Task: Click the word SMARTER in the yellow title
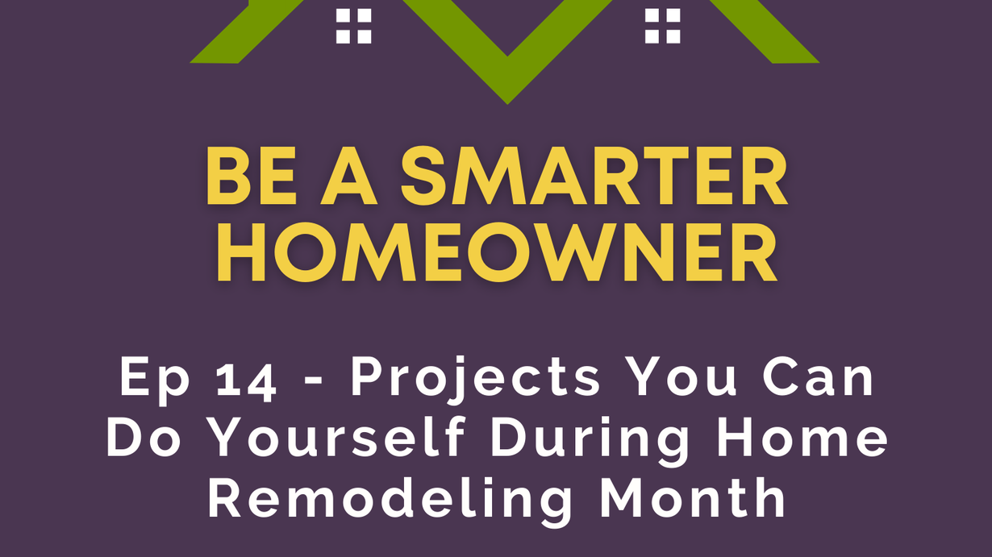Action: coord(594,176)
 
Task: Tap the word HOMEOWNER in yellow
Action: coord(497,252)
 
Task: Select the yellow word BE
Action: coord(251,176)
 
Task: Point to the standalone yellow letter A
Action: coord(349,176)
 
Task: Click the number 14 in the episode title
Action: coord(246,379)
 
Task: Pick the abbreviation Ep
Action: coord(155,380)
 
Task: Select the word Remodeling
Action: coord(390,501)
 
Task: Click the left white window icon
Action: coord(353,26)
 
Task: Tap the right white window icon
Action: coord(662,26)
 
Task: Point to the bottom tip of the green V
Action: coord(507,104)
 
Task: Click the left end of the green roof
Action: coord(191,62)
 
